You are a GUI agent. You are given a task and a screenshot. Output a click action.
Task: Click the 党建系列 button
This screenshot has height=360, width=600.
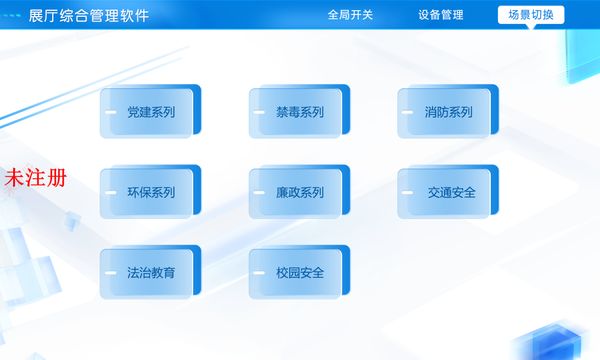click(150, 112)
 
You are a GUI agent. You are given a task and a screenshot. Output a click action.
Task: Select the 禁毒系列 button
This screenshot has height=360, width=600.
click(299, 112)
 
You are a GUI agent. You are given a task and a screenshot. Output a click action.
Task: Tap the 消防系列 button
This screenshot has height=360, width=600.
click(448, 112)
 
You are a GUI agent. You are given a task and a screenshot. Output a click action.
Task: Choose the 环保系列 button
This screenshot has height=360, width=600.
click(150, 193)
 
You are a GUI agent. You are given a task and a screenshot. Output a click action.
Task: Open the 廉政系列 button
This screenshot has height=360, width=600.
click(299, 193)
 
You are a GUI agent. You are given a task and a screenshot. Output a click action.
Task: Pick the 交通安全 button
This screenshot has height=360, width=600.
click(448, 193)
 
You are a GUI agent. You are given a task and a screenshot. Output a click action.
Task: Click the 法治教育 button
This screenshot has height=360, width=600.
click(150, 273)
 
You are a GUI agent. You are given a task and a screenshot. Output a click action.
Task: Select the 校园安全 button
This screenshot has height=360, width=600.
click(299, 273)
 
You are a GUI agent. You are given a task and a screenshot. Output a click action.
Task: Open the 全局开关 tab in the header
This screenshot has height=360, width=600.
click(350, 15)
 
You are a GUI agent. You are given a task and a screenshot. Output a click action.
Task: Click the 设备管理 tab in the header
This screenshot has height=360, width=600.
click(441, 15)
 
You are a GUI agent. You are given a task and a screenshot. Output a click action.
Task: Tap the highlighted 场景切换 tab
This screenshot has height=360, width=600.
click(531, 14)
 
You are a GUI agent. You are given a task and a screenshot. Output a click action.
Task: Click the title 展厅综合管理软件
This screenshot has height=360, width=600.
click(89, 16)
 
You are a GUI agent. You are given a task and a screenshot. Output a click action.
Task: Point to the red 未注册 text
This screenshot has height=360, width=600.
click(35, 178)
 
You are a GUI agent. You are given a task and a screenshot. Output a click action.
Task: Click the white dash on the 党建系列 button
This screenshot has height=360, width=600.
click(110, 112)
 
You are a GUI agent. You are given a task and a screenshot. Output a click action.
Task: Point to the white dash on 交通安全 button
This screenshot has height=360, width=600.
click(407, 193)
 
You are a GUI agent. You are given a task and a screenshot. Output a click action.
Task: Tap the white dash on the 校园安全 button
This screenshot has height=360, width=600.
click(259, 273)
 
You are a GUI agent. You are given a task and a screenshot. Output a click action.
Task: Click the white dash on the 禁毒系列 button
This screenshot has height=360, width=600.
click(259, 112)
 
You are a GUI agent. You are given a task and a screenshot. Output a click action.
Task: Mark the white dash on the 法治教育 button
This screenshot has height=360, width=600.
click(110, 273)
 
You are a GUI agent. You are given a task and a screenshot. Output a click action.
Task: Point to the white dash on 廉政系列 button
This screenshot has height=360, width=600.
click(259, 193)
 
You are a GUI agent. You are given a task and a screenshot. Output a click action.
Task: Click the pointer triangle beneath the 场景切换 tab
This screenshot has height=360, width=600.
click(531, 26)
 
